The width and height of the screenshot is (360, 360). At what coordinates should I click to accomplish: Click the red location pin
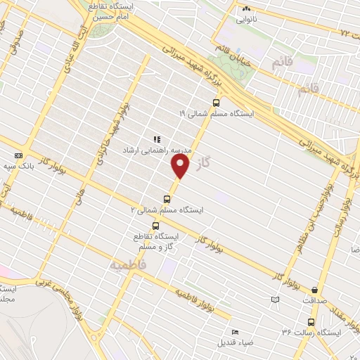(181, 167)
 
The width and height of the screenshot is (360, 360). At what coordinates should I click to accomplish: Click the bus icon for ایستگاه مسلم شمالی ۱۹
(235, 102)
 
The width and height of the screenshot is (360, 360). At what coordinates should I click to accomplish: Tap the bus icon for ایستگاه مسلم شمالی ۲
(167, 198)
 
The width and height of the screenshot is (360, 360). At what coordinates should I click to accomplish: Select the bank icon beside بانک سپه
(18, 156)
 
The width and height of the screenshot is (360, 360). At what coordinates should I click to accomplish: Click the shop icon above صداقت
(314, 289)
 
